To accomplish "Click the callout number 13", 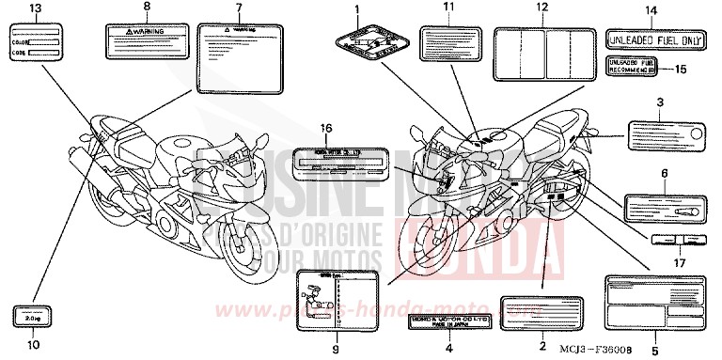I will coord(36,8).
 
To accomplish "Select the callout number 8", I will coord(146,7).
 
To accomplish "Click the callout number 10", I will coord(34,345).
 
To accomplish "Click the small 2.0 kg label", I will coord(34,317).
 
